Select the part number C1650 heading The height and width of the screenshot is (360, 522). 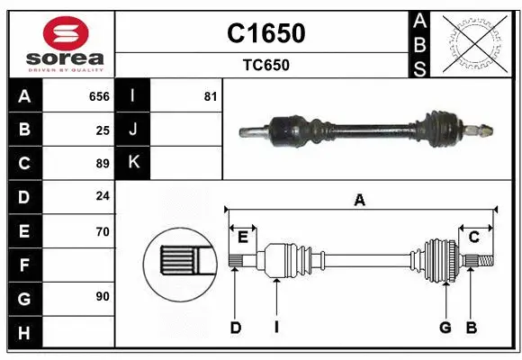point(265,33)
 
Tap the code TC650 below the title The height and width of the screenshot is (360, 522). point(265,65)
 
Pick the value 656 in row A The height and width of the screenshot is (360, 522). point(99,96)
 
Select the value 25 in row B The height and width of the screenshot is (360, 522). point(102,130)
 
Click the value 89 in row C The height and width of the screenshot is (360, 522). point(102,163)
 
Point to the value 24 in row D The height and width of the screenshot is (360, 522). point(102,196)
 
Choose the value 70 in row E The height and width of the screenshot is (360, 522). point(102,231)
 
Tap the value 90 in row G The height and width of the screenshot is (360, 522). point(102,297)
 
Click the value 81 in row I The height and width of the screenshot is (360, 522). point(211,96)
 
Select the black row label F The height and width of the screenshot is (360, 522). point(24,265)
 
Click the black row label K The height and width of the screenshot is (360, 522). point(133,163)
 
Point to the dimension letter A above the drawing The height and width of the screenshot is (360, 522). point(360,201)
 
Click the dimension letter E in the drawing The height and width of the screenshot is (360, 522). point(243,237)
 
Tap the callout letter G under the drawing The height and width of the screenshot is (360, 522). point(445,328)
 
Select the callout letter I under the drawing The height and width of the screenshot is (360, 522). point(276,328)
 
